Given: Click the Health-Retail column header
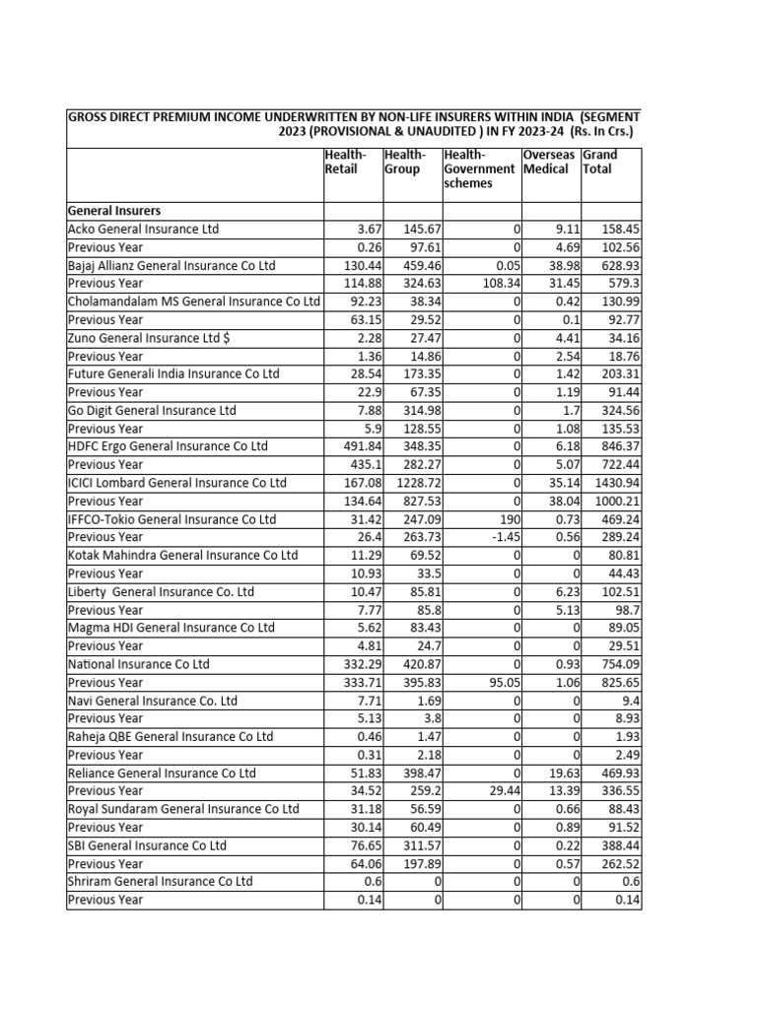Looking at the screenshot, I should click(345, 162).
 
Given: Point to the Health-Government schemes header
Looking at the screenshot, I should click(479, 168).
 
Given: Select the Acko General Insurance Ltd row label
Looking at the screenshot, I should click(143, 230).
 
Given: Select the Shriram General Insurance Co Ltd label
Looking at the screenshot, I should click(160, 881).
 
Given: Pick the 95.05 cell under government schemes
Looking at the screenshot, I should click(498, 682).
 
